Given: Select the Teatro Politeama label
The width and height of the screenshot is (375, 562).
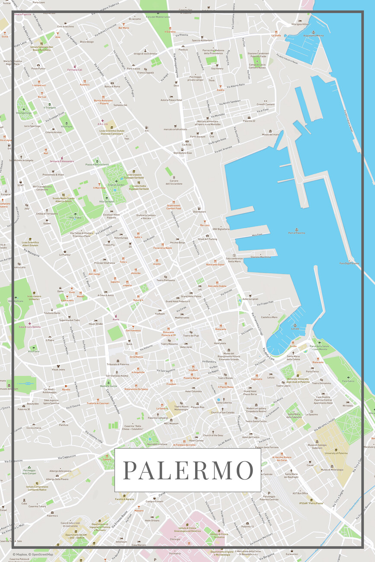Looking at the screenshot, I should click(x=166, y=280).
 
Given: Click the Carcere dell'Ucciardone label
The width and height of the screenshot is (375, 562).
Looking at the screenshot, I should click(x=174, y=182).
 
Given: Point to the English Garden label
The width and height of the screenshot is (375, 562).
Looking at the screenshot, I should click(x=116, y=185).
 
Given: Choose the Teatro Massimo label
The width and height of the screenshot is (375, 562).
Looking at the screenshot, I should click(x=169, y=344).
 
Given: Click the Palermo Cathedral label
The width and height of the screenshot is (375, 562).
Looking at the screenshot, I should click(x=158, y=418).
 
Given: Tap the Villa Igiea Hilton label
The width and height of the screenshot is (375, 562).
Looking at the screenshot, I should click(x=300, y=24).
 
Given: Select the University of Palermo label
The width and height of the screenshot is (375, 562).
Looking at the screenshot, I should click(x=336, y=453).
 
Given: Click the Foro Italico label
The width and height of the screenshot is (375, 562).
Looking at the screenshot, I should click(x=348, y=381).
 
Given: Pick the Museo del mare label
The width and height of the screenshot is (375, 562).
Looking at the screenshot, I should click(x=270, y=134).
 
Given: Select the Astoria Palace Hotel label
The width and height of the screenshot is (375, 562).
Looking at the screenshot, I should click(x=171, y=100).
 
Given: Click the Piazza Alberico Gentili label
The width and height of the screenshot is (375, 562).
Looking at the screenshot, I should click(x=97, y=165).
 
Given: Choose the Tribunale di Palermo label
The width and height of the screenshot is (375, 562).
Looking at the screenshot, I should click(x=118, y=364).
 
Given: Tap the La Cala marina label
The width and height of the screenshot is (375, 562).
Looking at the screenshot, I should click(x=295, y=329).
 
